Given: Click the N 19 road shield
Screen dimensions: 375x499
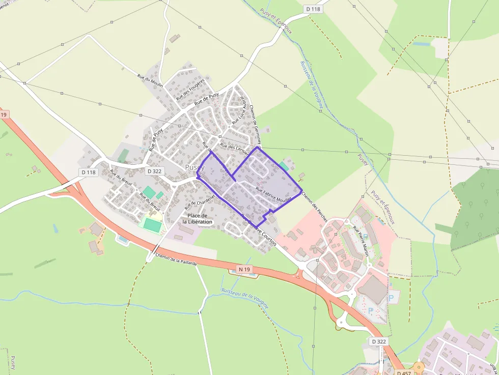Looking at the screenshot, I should coord(243,268).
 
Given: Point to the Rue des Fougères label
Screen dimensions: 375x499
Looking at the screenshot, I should coord(190,89).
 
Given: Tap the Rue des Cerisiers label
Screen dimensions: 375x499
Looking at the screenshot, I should coord(235,150).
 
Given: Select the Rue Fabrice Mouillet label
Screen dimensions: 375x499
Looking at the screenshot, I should coord(273,196).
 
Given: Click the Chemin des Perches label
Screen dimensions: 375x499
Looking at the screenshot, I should coord(314,206).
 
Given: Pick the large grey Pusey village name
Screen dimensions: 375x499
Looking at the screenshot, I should coord(195,167).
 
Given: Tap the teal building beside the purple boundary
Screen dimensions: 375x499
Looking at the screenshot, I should coord(284,166).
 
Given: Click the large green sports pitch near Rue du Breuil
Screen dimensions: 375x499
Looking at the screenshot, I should coord(151,224).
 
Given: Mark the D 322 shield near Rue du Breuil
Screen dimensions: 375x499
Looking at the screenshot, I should coord(154,171).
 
